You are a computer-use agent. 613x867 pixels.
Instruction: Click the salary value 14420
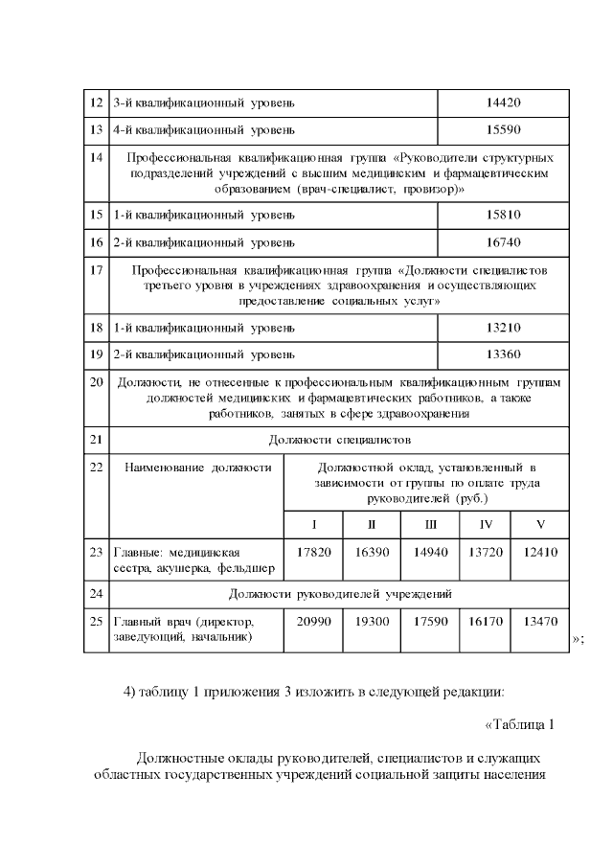(x=503, y=102)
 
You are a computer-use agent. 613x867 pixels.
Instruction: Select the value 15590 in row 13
(x=503, y=128)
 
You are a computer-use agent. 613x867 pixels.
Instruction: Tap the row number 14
(x=96, y=155)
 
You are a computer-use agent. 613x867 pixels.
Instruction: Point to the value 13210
(x=503, y=328)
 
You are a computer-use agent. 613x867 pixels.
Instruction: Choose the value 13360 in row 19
(x=503, y=354)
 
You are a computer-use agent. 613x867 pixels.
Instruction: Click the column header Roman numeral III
(x=430, y=524)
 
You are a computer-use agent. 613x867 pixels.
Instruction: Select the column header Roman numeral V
(x=540, y=524)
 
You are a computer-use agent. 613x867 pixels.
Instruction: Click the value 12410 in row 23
(x=540, y=552)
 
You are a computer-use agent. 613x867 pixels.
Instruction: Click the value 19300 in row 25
(x=372, y=621)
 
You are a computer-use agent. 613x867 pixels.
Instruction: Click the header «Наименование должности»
(x=197, y=467)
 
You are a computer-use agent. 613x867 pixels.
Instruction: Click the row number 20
(x=96, y=382)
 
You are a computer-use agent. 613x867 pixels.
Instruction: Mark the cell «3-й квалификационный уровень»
(x=204, y=102)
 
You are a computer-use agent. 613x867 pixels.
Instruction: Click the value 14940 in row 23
(x=430, y=552)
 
